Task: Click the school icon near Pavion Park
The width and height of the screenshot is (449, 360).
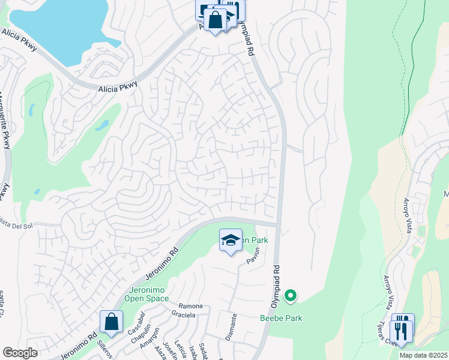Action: tap(231, 241)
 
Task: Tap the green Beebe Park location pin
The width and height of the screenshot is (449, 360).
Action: tap(291, 295)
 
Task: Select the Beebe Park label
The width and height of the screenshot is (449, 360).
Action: tap(280, 318)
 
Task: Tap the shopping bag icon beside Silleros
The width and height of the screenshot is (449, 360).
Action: tap(112, 322)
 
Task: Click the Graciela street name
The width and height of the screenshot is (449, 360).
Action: tap(184, 314)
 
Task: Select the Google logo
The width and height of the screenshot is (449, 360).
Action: tap(20, 353)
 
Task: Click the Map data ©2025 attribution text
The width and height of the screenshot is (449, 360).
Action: tap(423, 355)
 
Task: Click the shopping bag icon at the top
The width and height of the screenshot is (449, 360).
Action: tap(215, 20)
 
